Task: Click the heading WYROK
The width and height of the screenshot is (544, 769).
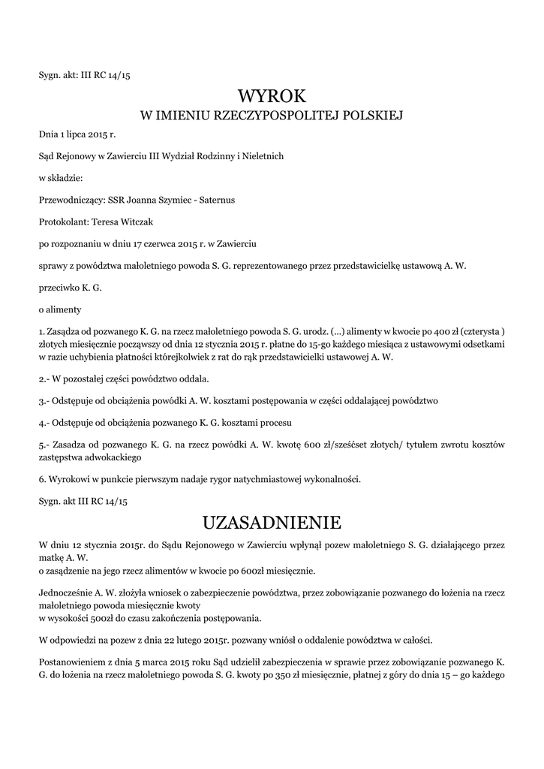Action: (x=272, y=96)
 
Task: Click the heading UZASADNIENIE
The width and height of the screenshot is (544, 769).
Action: (x=272, y=522)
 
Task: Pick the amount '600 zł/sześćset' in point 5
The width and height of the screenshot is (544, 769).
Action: (x=332, y=445)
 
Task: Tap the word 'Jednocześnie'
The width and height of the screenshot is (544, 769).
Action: (x=65, y=593)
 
